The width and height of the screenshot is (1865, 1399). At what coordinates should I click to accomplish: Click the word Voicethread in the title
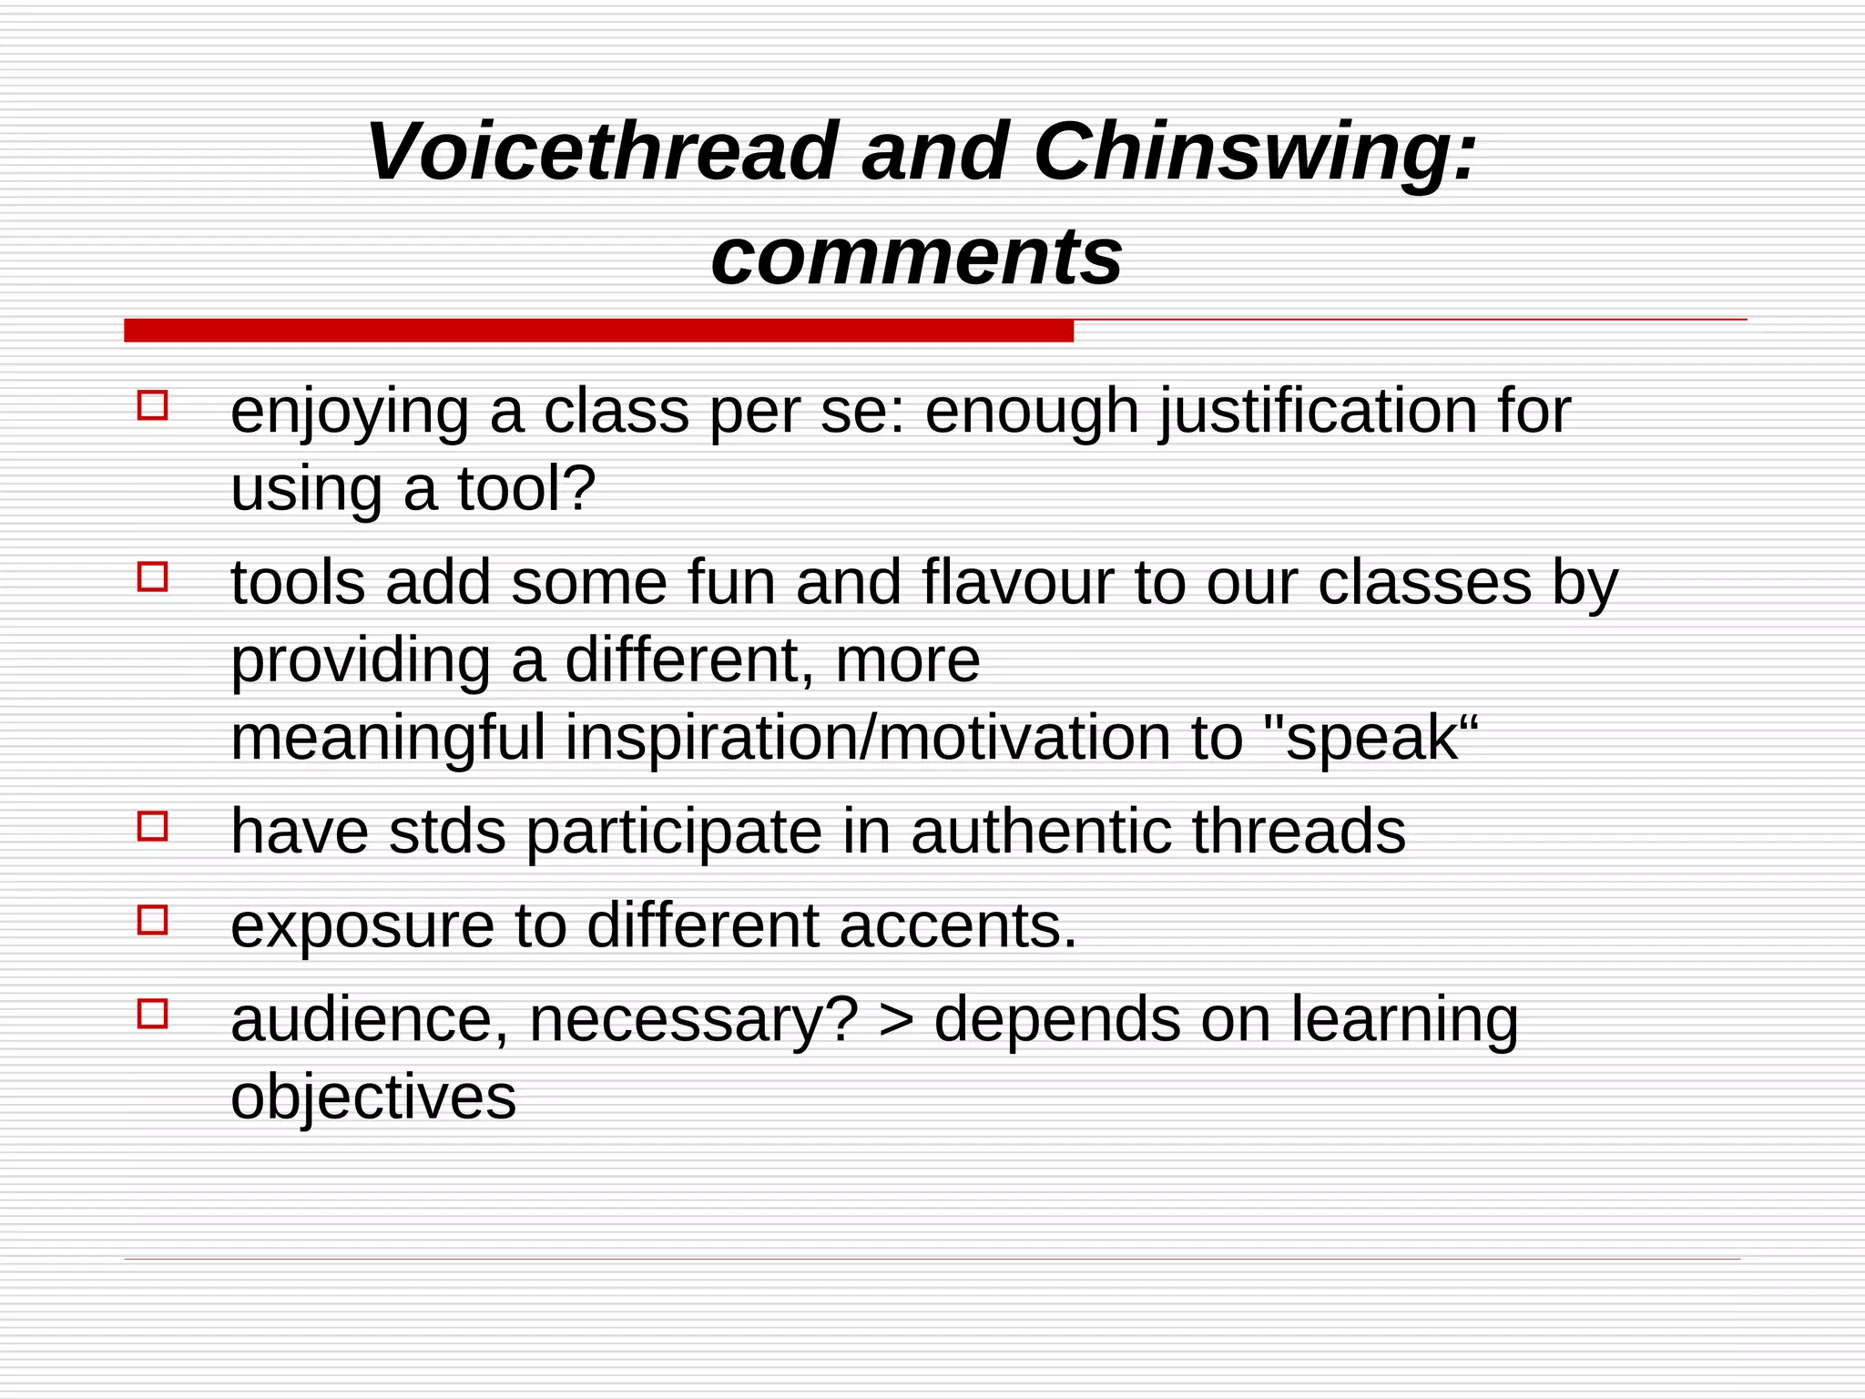click(601, 151)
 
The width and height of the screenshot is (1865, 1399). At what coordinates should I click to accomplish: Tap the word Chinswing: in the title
click(1254, 151)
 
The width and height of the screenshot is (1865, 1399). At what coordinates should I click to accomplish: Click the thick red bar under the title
click(598, 331)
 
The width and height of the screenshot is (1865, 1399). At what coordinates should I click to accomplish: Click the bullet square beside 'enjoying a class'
click(153, 405)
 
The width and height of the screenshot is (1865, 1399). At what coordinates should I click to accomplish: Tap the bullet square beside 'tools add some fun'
click(153, 577)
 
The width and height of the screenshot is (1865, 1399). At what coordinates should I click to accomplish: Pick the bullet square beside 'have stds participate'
click(153, 826)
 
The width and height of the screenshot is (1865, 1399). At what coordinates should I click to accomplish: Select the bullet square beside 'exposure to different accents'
click(153, 920)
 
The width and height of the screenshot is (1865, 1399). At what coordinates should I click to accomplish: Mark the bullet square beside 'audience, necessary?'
click(153, 1014)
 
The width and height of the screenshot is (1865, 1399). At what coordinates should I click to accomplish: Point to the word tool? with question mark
click(526, 489)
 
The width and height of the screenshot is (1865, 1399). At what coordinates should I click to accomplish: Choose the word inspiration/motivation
click(868, 739)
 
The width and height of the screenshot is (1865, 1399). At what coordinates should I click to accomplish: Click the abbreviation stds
click(447, 832)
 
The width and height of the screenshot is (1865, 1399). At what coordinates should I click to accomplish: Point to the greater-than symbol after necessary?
click(896, 1020)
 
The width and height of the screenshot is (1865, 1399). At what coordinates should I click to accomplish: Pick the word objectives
click(373, 1098)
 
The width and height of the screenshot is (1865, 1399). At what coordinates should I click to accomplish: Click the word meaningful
click(388, 739)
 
